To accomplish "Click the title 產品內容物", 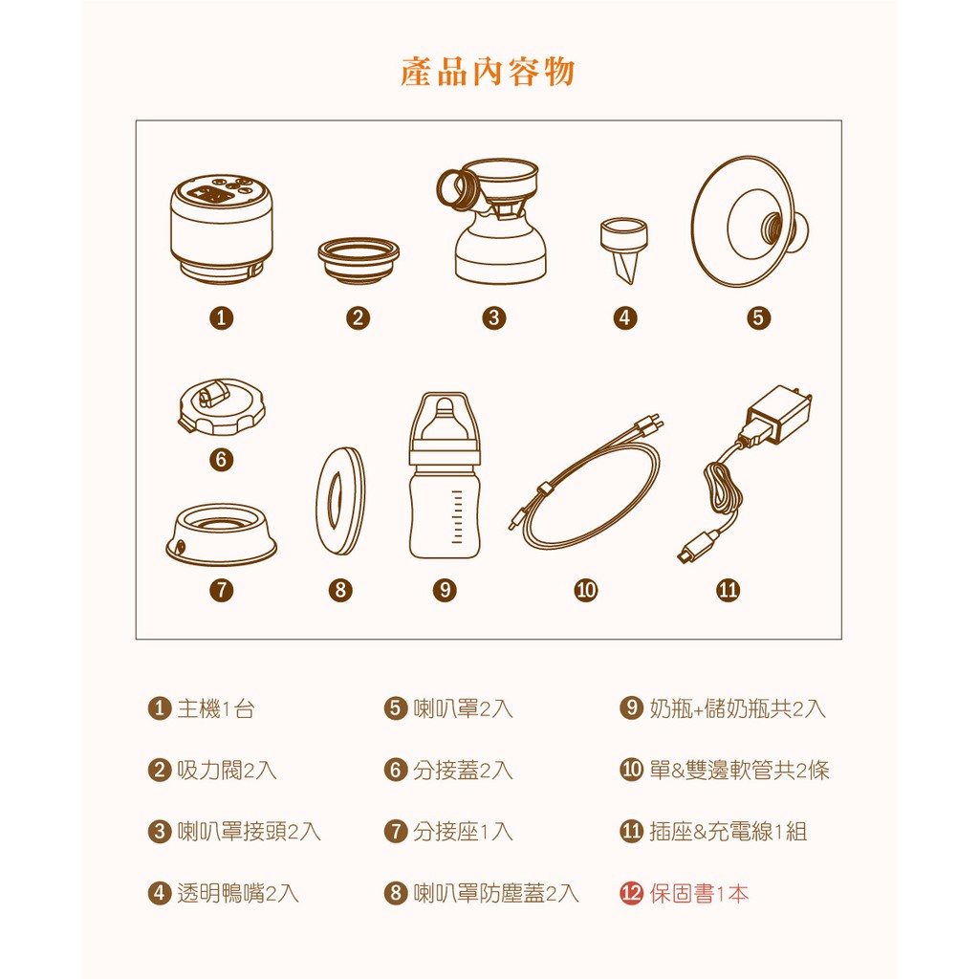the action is point(487,71).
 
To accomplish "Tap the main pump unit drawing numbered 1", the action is point(221,228).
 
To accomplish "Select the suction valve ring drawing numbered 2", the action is point(359,260).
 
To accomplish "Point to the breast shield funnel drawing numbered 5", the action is point(750,222).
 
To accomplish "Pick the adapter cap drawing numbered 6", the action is point(222,406).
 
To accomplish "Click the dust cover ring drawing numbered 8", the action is point(340,501).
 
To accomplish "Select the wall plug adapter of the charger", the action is point(778,413).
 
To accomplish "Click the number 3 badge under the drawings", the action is point(494,317).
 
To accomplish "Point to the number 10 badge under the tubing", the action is point(586,590).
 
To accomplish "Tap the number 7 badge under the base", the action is point(222,590).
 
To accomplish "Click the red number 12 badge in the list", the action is point(631,894).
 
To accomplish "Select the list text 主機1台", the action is point(216,708).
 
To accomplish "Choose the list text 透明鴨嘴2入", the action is point(238,894).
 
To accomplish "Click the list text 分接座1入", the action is point(463,832).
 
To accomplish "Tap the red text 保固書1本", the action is point(699,894).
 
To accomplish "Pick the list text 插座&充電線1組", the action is point(728,832).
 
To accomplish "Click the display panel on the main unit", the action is point(211,196).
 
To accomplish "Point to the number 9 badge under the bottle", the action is point(445,590).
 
